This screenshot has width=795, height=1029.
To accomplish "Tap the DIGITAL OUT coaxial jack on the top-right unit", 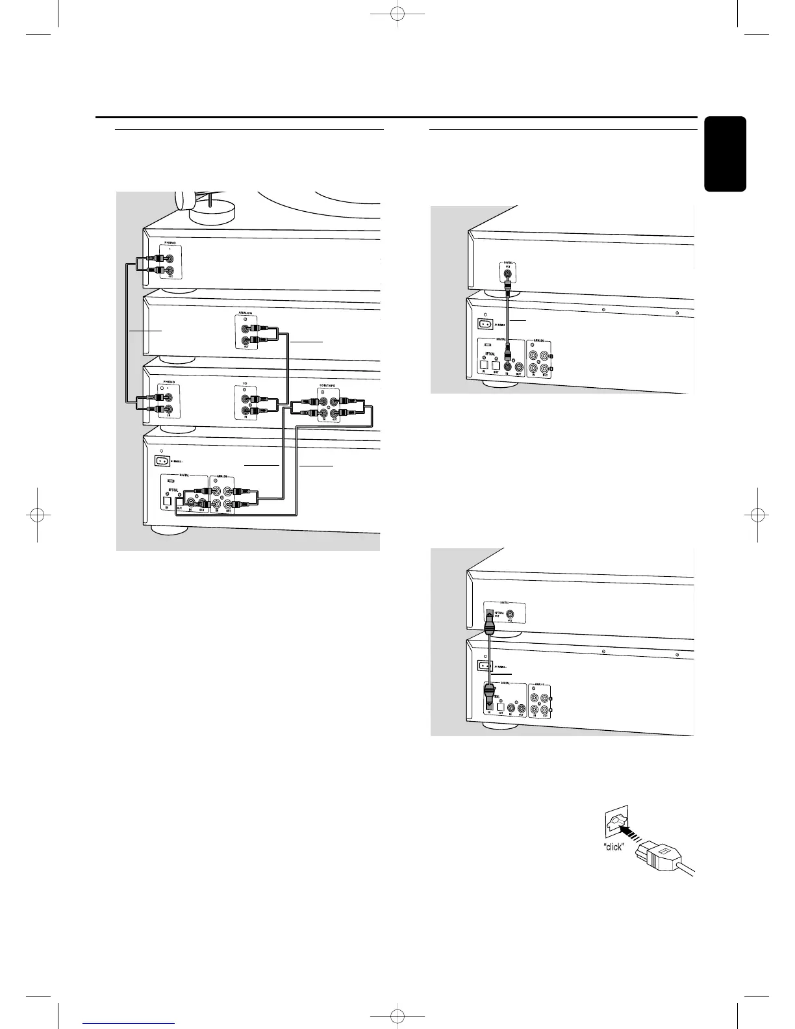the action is (508, 274).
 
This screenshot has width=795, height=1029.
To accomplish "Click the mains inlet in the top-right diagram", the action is (483, 323).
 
